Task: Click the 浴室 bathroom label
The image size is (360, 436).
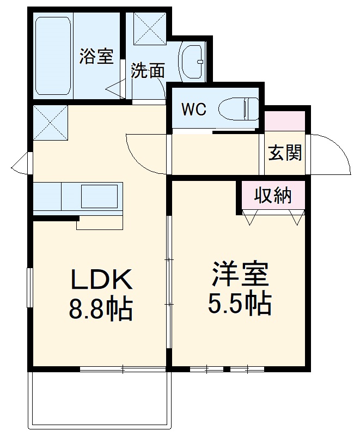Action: (96, 56)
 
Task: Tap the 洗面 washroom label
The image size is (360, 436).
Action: (148, 70)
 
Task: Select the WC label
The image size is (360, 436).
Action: (193, 110)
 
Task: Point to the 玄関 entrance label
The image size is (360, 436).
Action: (285, 154)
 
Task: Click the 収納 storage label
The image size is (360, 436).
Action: (273, 195)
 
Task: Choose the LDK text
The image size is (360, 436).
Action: (100, 280)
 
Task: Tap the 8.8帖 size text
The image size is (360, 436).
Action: (100, 309)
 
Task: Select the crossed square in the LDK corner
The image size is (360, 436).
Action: (50, 123)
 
